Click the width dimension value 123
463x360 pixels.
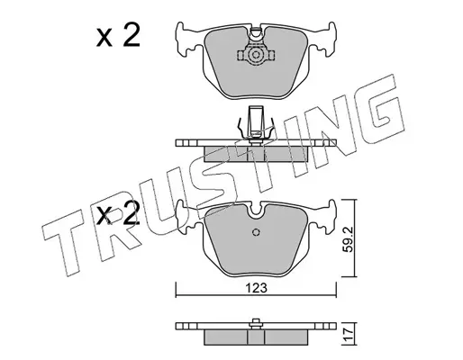[256, 288]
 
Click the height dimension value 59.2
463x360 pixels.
[348, 239]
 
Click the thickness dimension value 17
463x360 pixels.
[348, 334]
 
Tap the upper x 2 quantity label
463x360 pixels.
[118, 36]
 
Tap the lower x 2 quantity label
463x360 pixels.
[118, 213]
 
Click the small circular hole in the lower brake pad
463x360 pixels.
[256, 232]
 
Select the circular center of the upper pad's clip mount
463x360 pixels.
[256, 55]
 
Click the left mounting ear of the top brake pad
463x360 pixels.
[186, 39]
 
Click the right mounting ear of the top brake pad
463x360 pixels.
[325, 39]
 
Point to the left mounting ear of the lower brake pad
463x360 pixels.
[186, 217]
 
